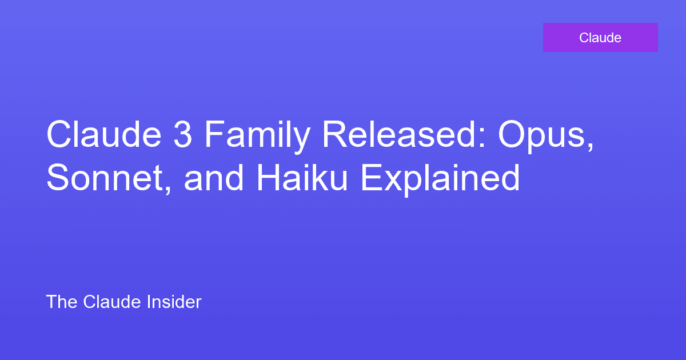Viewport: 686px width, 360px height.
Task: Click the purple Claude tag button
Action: [600, 38]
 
